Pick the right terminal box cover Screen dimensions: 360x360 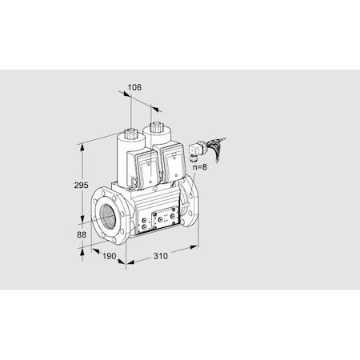click(x=173, y=162)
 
